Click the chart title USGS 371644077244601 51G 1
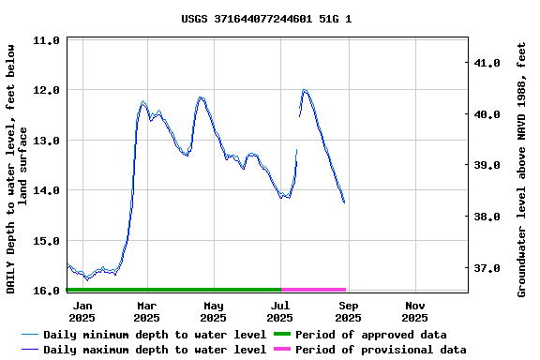(x=267, y=18)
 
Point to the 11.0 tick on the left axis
(x=46, y=40)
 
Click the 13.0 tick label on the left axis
(x=46, y=141)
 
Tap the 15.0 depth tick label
(x=46, y=241)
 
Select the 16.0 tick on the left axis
(x=46, y=291)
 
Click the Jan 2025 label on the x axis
(x=82, y=311)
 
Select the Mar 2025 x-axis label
(x=146, y=311)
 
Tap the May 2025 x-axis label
(x=213, y=311)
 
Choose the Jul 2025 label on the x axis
(x=280, y=311)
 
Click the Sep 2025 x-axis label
(x=348, y=311)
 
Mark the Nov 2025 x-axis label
(x=415, y=311)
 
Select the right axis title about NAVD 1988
(x=521, y=169)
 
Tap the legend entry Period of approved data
(x=370, y=335)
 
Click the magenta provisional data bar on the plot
(x=313, y=290)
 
